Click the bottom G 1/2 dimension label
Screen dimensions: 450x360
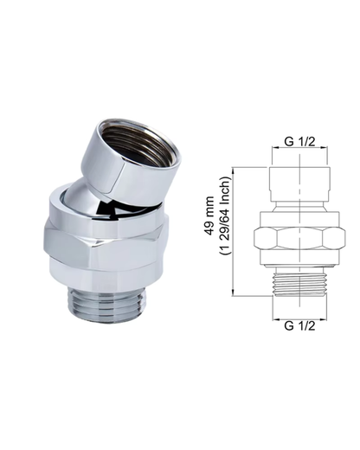[x=299, y=325]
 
